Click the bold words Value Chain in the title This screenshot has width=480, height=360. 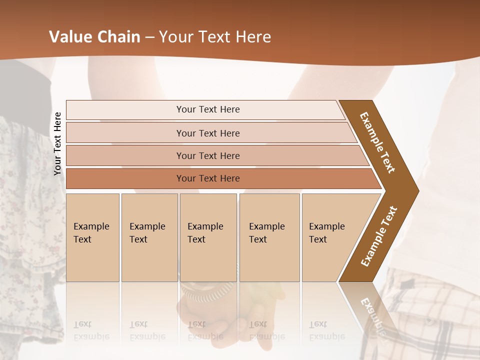(x=94, y=37)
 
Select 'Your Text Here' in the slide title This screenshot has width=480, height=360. (x=214, y=37)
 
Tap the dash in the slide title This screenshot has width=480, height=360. (x=149, y=37)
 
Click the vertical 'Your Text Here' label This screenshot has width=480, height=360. (x=57, y=143)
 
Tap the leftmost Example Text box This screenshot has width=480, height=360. (x=92, y=237)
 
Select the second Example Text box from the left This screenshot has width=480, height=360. (x=149, y=237)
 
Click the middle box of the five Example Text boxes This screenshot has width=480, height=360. (x=208, y=237)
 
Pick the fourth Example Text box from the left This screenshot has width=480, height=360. (x=269, y=237)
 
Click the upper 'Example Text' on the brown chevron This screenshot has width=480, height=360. (x=377, y=142)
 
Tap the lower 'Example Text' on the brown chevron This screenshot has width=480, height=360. (x=379, y=236)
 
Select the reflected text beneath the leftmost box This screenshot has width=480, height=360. (x=91, y=330)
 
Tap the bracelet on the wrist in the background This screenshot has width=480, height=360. (x=207, y=292)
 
